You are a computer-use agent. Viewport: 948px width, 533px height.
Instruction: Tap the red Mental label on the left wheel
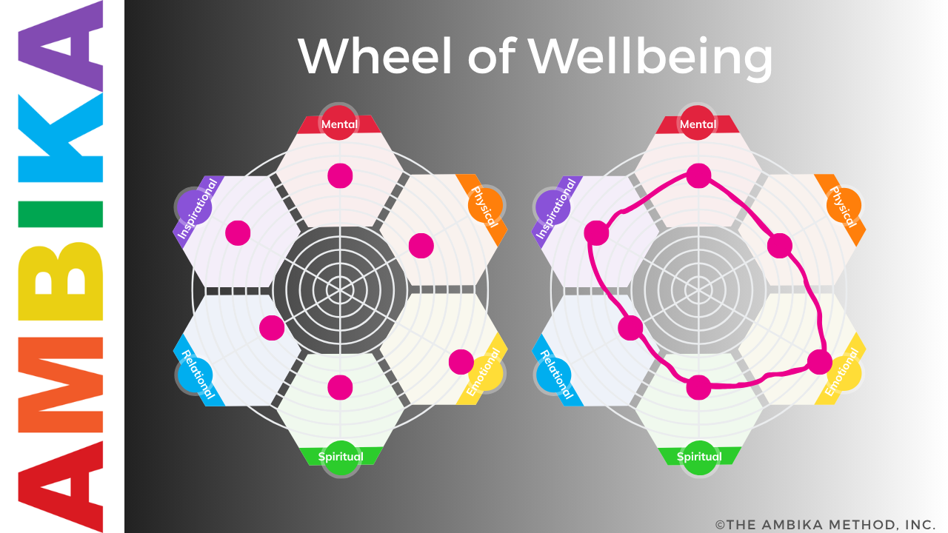click(339, 124)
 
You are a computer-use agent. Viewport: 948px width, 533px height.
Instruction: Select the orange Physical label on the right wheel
click(843, 207)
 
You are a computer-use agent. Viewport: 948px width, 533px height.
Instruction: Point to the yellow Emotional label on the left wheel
click(484, 372)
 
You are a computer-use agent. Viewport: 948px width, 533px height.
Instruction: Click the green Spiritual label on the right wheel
click(698, 456)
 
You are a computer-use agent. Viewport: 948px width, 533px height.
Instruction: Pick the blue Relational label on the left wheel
click(197, 375)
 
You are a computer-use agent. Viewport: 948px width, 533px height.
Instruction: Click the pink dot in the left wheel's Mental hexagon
click(340, 175)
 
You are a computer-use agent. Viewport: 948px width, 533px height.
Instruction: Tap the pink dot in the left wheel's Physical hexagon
click(421, 245)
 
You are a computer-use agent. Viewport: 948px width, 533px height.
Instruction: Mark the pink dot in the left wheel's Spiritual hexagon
click(340, 386)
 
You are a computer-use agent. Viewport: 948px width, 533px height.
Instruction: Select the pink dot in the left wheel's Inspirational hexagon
click(238, 232)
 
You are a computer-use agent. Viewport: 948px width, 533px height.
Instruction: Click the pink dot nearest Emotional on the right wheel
click(819, 362)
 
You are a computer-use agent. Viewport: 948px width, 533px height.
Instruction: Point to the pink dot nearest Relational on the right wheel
click(630, 327)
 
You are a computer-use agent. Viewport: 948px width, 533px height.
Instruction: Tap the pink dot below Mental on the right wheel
click(698, 175)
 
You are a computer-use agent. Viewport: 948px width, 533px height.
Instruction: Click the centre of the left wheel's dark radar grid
click(340, 287)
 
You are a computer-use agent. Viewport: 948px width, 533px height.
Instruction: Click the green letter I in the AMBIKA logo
click(62, 214)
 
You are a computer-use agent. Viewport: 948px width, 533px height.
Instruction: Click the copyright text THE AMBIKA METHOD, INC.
click(826, 524)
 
